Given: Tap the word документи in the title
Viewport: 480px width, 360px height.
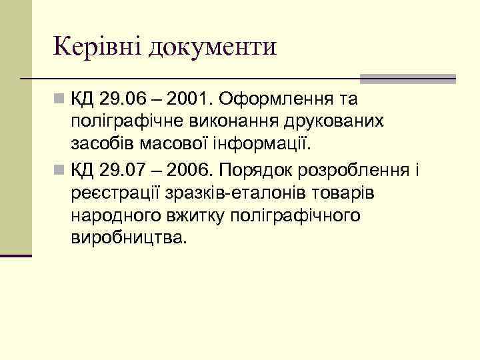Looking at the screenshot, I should [x=213, y=48].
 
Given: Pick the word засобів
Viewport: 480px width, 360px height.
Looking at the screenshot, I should [x=99, y=144].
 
